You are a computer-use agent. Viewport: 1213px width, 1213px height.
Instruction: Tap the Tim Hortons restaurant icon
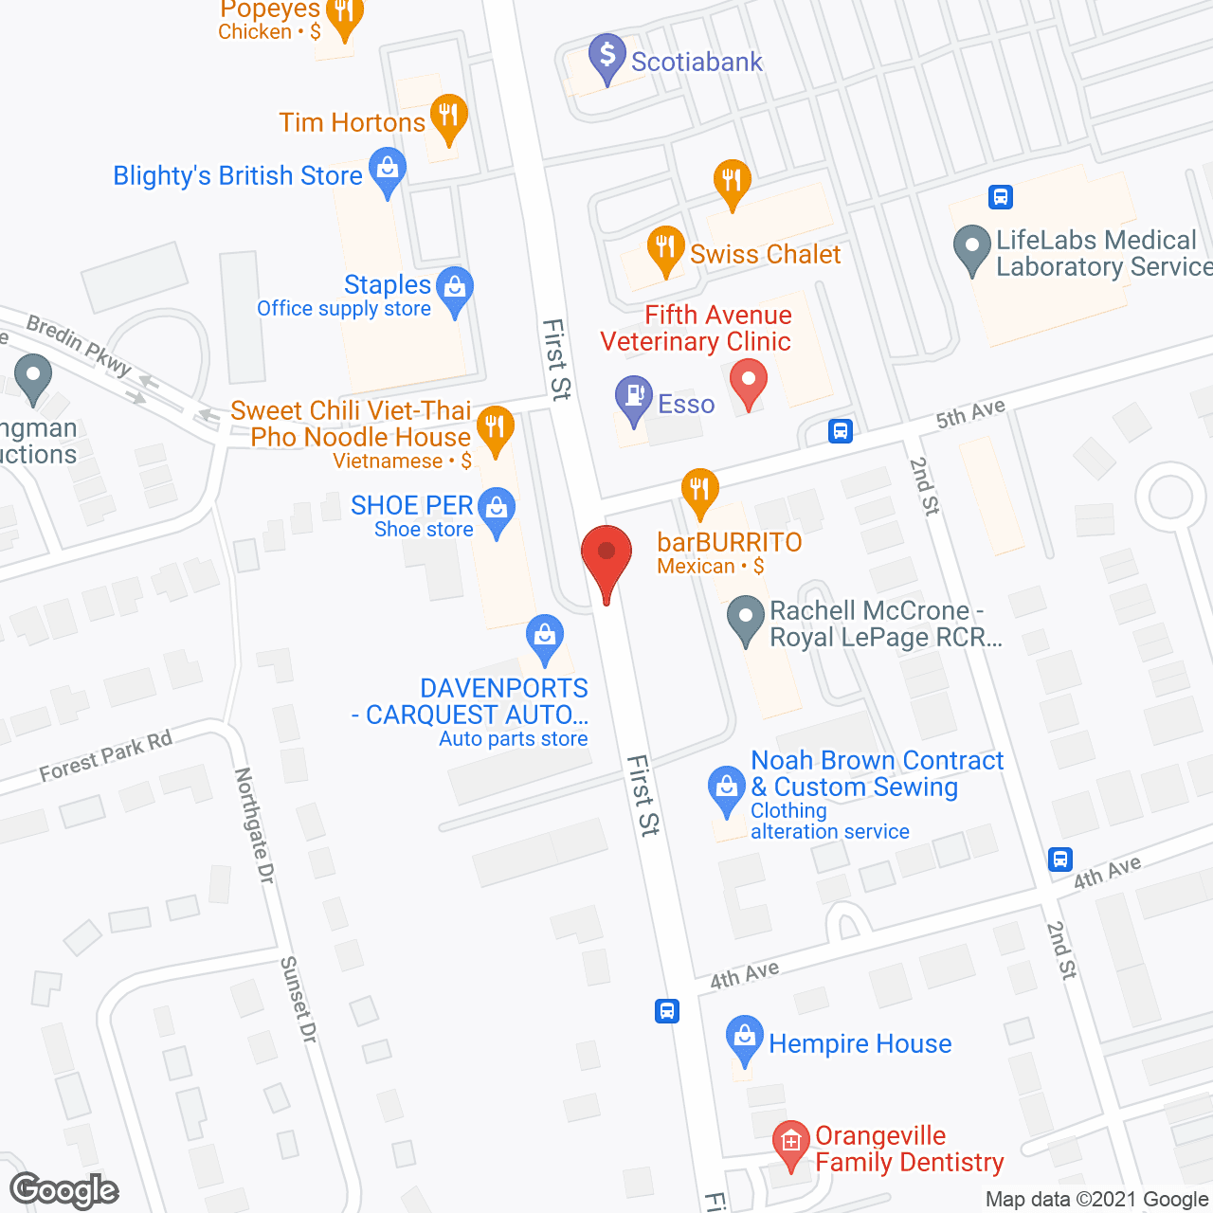point(448,117)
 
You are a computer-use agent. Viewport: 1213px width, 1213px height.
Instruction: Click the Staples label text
point(387,284)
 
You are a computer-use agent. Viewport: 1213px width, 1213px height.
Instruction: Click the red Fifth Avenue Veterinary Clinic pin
point(749,382)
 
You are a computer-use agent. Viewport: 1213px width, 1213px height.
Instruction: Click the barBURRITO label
point(729,542)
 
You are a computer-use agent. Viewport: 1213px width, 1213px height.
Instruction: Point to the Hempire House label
point(860,1043)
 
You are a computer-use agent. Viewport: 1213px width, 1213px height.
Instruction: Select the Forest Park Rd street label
point(106,755)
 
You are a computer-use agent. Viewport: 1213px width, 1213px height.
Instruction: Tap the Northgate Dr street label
point(253,825)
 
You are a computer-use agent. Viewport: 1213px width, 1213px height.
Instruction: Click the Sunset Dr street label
point(298,1000)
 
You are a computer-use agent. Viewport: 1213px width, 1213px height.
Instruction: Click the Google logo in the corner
point(64,1190)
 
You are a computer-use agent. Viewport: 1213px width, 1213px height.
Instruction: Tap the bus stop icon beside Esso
point(841,431)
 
